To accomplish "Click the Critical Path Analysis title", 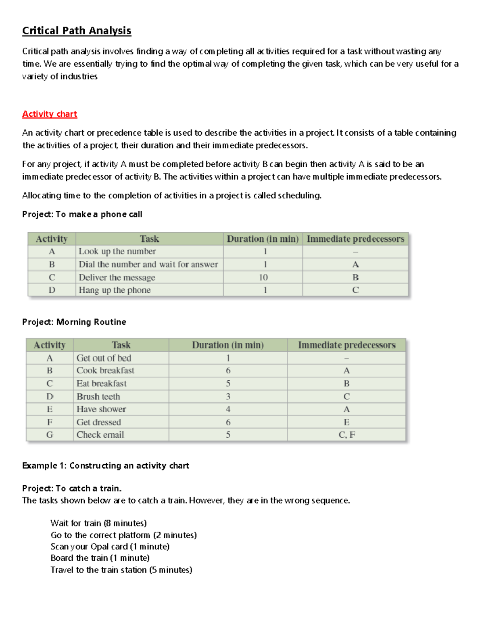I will pyautogui.click(x=77, y=31).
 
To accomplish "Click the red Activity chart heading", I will pyautogui.click(x=50, y=114).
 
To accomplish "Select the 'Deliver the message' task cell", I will pyautogui.click(x=117, y=277).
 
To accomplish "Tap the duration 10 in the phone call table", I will pyautogui.click(x=263, y=277).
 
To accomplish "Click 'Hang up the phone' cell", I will pyautogui.click(x=115, y=290).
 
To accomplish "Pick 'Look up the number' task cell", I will pyautogui.click(x=117, y=251).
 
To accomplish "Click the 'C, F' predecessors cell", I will pyautogui.click(x=346, y=435).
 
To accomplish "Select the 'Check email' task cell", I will pyautogui.click(x=100, y=435).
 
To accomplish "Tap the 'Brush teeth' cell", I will pyautogui.click(x=98, y=396).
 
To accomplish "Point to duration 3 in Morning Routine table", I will pyautogui.click(x=228, y=396).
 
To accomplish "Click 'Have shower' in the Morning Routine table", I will pyautogui.click(x=101, y=409).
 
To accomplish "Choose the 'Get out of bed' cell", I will pyautogui.click(x=104, y=358).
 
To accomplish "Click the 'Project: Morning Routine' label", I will pyautogui.click(x=74, y=322).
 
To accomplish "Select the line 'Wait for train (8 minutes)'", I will pyautogui.click(x=98, y=523).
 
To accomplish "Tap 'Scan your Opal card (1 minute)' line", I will pyautogui.click(x=110, y=547).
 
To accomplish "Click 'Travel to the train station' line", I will pyautogui.click(x=121, y=570).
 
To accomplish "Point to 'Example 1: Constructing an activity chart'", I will pyautogui.click(x=105, y=466).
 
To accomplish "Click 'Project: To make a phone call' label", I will pyautogui.click(x=82, y=214).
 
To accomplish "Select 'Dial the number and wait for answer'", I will pyautogui.click(x=148, y=264).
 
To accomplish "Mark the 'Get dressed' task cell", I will pyautogui.click(x=98, y=422).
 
